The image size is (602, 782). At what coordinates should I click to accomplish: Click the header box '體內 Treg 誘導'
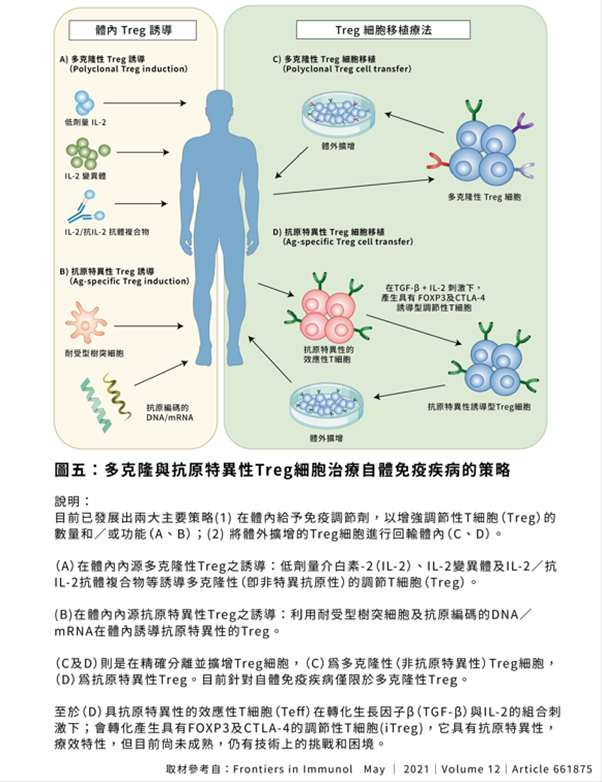(132, 30)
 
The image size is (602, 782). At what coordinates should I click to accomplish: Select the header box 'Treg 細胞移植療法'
(383, 30)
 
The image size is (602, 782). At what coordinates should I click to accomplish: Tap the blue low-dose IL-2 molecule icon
(84, 102)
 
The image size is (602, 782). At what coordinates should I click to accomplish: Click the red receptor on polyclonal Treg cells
(437, 161)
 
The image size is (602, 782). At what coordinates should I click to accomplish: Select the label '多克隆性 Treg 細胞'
(484, 197)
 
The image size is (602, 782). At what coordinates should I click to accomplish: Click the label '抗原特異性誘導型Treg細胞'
(479, 407)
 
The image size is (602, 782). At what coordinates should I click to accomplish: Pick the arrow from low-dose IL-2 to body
(144, 103)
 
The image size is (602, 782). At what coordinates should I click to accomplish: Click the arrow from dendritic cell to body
(148, 326)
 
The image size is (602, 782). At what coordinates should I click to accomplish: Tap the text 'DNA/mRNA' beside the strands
(170, 417)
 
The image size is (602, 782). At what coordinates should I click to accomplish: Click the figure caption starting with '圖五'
(282, 470)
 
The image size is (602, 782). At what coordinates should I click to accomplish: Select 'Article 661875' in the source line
(552, 769)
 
